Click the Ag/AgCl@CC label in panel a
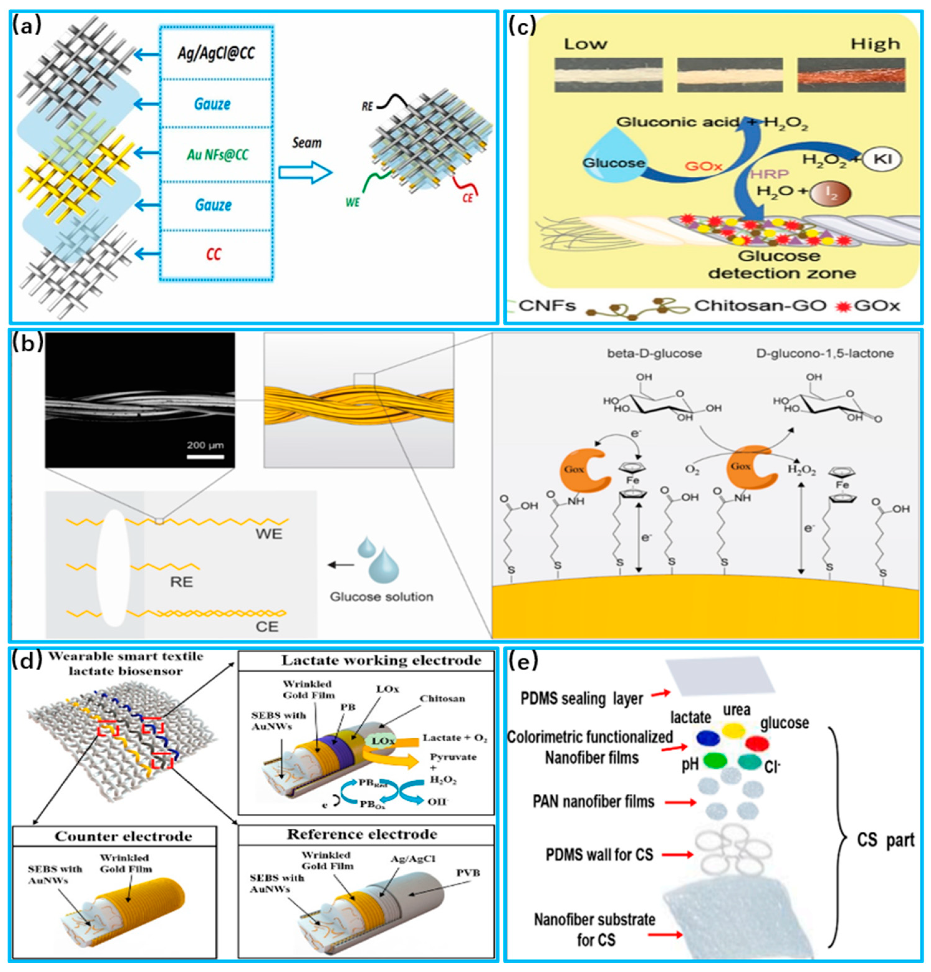click(216, 53)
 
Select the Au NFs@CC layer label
click(217, 155)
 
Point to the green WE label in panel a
click(353, 202)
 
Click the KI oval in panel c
click(881, 160)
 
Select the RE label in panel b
click(181, 582)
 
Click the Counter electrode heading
click(123, 837)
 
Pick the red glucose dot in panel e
click(757, 743)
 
